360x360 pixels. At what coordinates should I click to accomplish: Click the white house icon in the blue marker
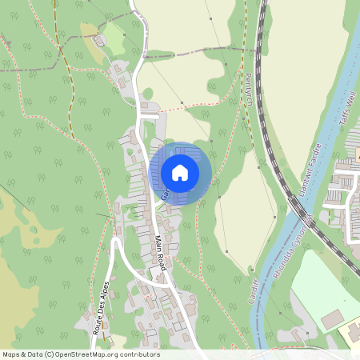tap(180, 173)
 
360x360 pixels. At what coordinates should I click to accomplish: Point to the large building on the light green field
tap(332, 319)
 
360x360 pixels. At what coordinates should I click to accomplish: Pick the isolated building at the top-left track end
tap(101, 39)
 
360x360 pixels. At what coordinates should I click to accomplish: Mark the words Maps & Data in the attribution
tap(21, 354)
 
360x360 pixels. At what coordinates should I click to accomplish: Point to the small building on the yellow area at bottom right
tap(352, 330)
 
